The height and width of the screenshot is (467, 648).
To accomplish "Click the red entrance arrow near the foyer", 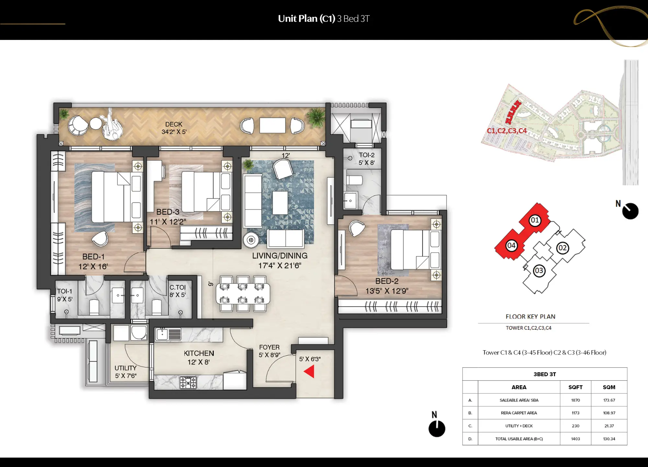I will point(309,371).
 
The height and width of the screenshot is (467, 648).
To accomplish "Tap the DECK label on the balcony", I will point(174,125).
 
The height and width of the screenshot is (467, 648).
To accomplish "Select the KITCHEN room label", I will point(199,353).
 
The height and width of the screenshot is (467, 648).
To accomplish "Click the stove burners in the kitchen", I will point(188,382).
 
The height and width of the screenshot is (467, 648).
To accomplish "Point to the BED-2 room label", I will point(387,281).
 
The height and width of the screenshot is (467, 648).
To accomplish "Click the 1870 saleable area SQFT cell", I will point(575,400).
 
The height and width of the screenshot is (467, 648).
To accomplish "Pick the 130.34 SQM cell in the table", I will point(609,439).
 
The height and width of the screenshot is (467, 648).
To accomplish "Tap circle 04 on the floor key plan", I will point(511,245).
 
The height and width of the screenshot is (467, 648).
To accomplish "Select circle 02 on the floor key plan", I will point(562,248).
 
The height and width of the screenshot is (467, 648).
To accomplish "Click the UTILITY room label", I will point(125,368).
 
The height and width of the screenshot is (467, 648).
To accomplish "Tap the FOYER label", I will point(269,347).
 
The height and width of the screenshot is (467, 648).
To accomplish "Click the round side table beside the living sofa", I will point(251,240).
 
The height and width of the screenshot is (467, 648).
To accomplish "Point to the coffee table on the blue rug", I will point(280,203).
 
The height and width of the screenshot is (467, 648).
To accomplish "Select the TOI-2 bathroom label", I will point(366,155).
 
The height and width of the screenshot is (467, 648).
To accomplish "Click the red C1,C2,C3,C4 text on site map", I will point(507,131).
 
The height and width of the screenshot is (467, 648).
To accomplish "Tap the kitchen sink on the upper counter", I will point(162,334).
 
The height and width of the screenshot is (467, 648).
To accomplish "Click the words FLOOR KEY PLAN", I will point(530,317).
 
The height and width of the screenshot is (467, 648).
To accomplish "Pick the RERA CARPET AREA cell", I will point(519,413).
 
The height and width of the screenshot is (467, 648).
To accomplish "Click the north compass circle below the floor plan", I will point(437,429).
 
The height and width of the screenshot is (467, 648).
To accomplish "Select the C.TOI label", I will point(178,287).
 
